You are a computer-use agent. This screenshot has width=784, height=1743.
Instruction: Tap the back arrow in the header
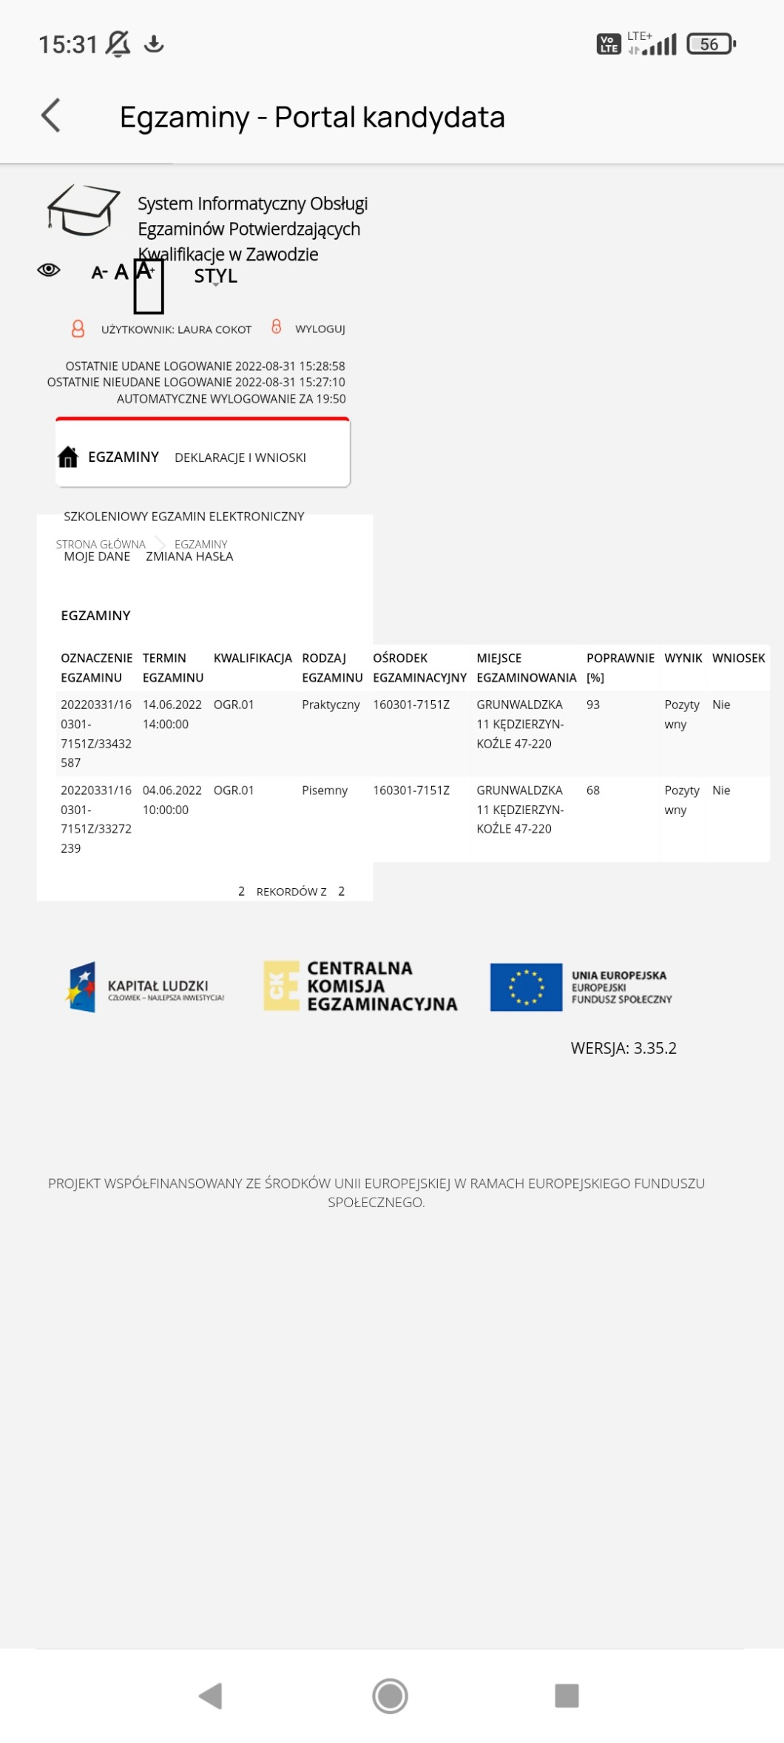point(51,116)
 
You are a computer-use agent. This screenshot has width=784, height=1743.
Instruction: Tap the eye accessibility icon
point(49,270)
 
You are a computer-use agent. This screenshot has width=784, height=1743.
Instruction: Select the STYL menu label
point(215,276)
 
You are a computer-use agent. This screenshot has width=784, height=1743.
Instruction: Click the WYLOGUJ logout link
point(320,329)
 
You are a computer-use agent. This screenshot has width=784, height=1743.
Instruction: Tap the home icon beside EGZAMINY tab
point(68,457)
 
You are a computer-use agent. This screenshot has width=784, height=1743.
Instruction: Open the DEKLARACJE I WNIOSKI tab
point(240,458)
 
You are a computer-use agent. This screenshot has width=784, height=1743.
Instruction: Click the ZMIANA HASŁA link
point(189,557)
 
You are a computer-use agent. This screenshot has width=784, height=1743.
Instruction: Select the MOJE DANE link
point(97,557)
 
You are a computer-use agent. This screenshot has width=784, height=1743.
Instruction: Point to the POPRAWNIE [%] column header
point(620,667)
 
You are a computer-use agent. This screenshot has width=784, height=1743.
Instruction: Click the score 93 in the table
point(593,705)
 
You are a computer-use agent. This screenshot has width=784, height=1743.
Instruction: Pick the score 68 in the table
point(593,790)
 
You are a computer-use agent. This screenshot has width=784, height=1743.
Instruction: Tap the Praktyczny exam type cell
point(331,705)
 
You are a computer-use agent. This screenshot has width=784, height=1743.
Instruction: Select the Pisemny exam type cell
point(325,790)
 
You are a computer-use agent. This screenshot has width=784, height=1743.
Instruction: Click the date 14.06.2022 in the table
point(172,705)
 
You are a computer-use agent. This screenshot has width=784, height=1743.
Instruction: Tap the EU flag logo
point(526,987)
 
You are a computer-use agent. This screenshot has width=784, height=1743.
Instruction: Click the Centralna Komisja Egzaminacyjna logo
point(361,986)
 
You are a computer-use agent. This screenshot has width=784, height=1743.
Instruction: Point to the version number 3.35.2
point(655,1048)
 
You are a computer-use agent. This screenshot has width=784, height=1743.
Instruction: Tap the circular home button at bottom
point(390,1695)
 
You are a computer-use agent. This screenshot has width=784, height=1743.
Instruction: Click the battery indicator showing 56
point(711,44)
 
